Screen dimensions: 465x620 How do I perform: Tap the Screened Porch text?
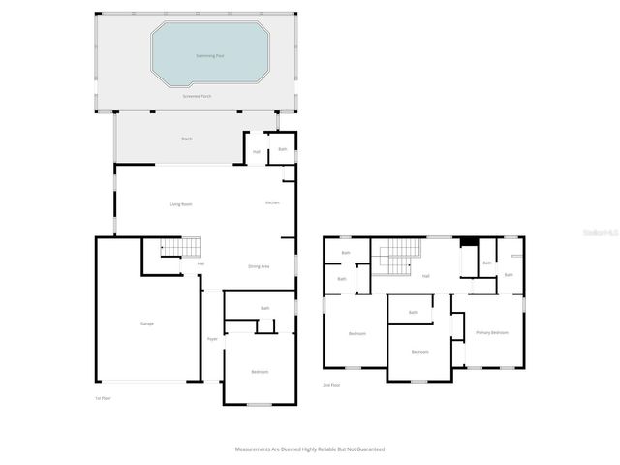[197, 97]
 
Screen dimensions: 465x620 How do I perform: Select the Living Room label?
[181, 203]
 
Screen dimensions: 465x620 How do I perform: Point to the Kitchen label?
[273, 202]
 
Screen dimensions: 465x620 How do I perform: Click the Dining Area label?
[259, 265]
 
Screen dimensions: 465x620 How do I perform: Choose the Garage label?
[147, 323]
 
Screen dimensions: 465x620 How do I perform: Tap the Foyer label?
[211, 339]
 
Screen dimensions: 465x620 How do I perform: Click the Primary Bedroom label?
[491, 332]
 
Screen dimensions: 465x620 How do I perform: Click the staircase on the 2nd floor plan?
[396, 259]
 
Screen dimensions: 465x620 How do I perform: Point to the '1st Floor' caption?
[103, 398]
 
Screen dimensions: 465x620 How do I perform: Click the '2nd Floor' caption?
[332, 385]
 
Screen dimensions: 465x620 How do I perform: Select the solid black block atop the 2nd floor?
[469, 242]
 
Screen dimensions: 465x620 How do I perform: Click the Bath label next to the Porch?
[283, 149]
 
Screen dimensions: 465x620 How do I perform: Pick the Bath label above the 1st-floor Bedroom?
[264, 308]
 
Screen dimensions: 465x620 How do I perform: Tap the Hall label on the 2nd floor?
[425, 276]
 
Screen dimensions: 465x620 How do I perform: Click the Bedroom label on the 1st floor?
[260, 372]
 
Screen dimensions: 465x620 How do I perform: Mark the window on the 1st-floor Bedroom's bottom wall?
[259, 404]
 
